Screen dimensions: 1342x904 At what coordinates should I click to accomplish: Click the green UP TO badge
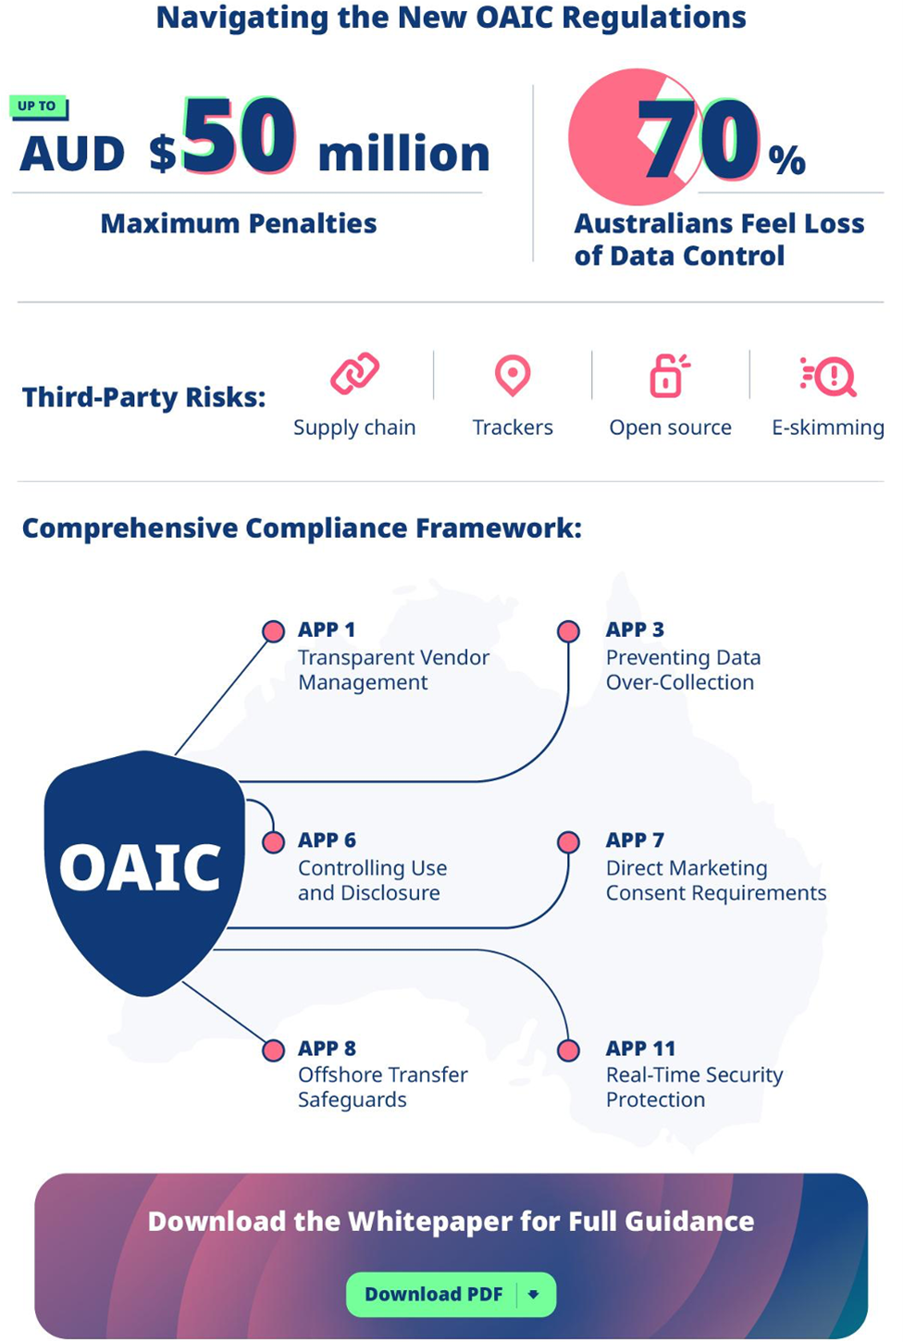[37, 106]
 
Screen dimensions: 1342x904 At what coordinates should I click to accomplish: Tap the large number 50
[239, 137]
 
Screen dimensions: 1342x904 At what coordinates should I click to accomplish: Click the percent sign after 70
[786, 160]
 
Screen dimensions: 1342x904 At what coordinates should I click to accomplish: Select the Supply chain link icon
[354, 373]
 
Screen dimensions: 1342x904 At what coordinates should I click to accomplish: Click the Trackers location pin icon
[513, 375]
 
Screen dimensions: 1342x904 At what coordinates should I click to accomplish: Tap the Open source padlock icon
[669, 375]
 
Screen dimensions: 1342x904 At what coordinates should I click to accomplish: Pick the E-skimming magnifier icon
[829, 376]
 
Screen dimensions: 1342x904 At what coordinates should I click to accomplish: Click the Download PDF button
[451, 1294]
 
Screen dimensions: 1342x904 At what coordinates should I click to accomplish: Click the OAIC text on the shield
[141, 867]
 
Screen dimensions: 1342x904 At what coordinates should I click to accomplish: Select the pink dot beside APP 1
[273, 631]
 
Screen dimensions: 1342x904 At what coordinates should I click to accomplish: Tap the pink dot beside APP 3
[568, 631]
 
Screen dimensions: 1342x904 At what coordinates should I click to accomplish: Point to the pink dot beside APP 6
[273, 842]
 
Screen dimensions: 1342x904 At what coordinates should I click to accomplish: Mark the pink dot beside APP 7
[568, 842]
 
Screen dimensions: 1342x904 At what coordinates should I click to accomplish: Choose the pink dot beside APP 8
[273, 1050]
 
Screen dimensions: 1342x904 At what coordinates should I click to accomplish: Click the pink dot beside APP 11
[568, 1050]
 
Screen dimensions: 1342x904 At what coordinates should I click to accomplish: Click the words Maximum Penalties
[239, 223]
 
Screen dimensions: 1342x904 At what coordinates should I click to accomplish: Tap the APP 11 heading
[640, 1049]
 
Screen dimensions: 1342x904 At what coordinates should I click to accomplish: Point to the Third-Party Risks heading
[143, 397]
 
